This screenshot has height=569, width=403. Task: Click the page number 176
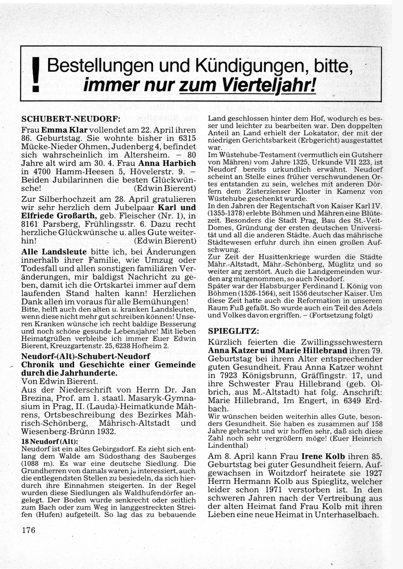(x=29, y=530)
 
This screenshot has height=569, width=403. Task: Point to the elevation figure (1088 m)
(x=39, y=463)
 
